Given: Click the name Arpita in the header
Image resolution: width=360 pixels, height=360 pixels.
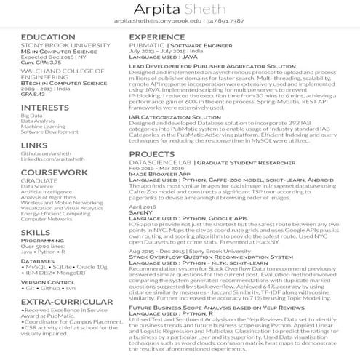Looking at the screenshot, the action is [x=157, y=10].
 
